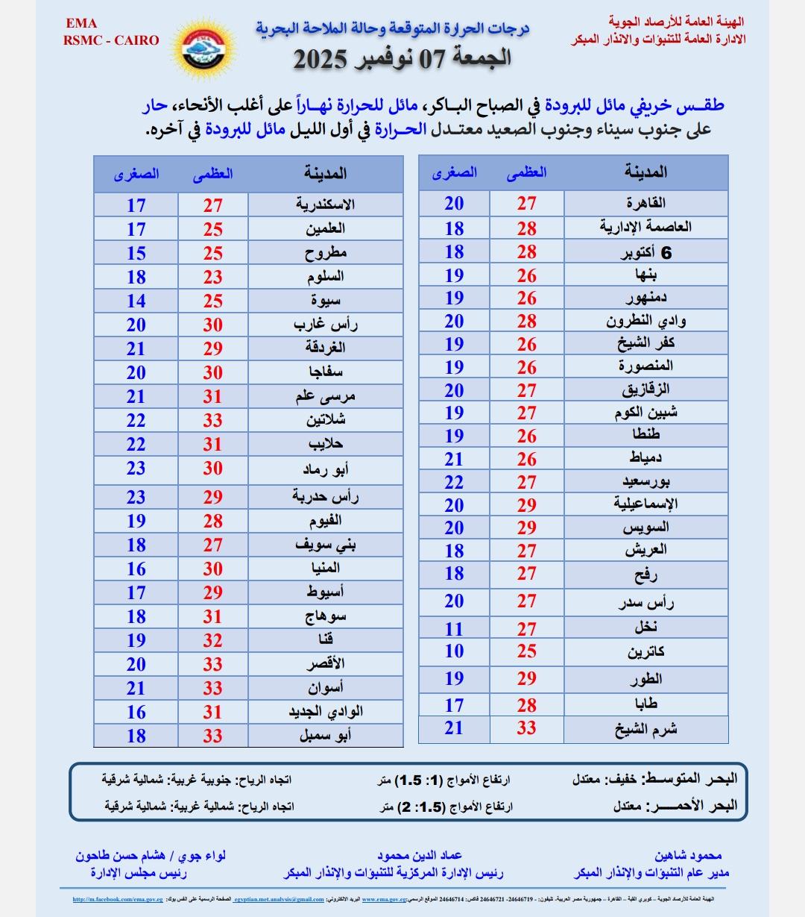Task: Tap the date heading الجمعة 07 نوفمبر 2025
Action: tap(402, 58)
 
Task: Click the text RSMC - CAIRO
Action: tap(111, 40)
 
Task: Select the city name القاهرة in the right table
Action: tap(646, 203)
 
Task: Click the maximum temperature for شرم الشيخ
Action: tap(527, 729)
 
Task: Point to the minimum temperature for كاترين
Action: tap(454, 651)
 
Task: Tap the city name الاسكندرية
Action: tap(325, 204)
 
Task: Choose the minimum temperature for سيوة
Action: tap(136, 301)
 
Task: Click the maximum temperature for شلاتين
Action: tap(213, 420)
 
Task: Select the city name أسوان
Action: tap(325, 687)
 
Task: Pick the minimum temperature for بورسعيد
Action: tap(454, 482)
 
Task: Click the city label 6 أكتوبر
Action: tap(646, 253)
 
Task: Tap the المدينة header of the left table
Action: tap(325, 174)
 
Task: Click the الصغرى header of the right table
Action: tap(454, 172)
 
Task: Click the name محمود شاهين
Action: tap(688, 856)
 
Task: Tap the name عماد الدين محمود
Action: tap(420, 856)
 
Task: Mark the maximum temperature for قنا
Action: tap(213, 640)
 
